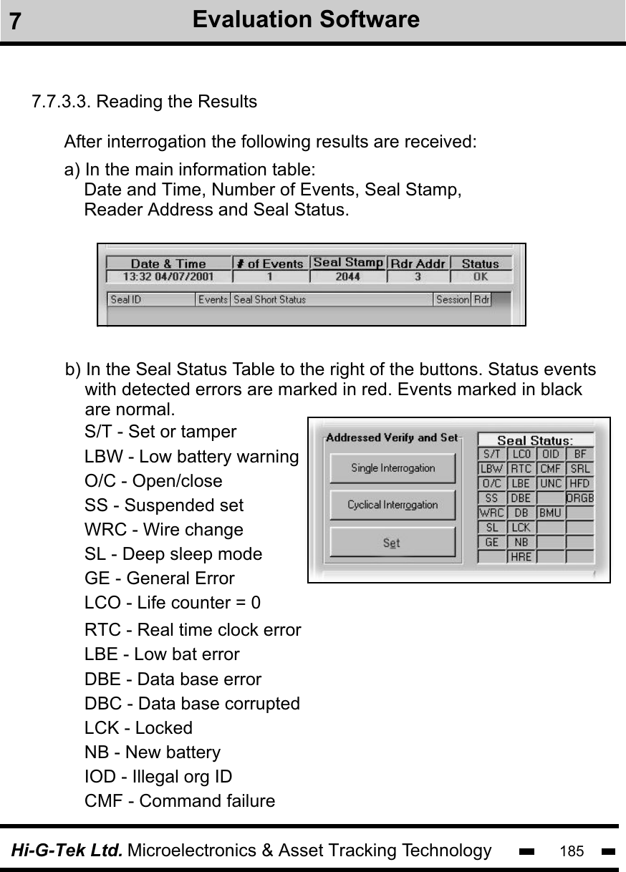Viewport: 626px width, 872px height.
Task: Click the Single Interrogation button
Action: coord(393,468)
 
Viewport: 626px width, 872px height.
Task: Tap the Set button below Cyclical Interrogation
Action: coord(393,543)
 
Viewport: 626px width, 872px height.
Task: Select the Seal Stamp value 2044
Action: coord(348,276)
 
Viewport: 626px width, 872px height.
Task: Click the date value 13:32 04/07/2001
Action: coord(169,276)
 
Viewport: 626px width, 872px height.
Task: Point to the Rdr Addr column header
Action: coord(419,263)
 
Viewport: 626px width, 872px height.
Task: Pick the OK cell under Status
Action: coord(480,276)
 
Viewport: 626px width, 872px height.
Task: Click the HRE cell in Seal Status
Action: coord(521,556)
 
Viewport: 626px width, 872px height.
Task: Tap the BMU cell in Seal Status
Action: coord(550,513)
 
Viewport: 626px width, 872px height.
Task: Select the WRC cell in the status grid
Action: coord(491,513)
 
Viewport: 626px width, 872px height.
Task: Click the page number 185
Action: coord(572,851)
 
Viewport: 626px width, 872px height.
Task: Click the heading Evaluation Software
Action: coord(306,19)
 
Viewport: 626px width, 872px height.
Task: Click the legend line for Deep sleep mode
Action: coord(173,554)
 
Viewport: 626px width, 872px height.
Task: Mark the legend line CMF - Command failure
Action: coord(180,800)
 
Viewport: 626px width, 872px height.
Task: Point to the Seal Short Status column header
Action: coord(269,300)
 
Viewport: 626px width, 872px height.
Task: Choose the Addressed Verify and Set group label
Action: coord(392,438)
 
